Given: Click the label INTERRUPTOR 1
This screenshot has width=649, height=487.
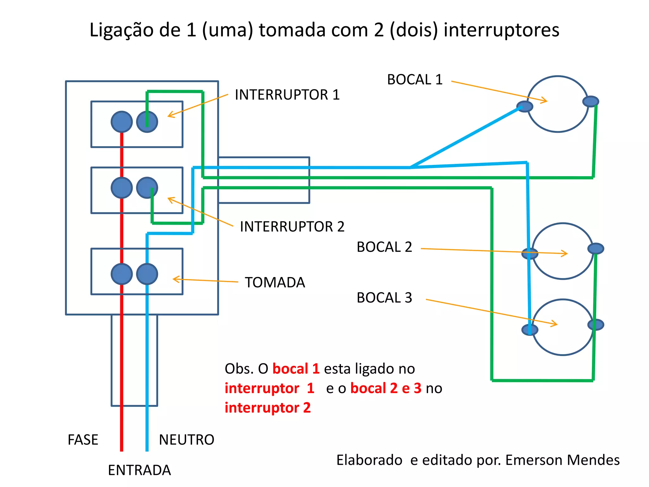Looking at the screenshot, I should pyautogui.click(x=287, y=95).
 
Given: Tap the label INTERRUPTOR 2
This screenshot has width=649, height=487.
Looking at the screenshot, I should pyautogui.click(x=292, y=227).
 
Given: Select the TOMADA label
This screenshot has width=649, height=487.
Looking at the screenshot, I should pyautogui.click(x=275, y=282).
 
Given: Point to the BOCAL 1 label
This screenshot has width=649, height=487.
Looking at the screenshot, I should pyautogui.click(x=414, y=80).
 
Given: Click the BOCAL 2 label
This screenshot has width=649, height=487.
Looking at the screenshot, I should pyautogui.click(x=384, y=247).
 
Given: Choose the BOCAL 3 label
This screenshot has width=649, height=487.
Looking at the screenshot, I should pyautogui.click(x=384, y=298).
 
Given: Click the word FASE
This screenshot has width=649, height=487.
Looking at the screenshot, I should pyautogui.click(x=83, y=440).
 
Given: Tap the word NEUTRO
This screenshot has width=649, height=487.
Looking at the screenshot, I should pyautogui.click(x=186, y=440).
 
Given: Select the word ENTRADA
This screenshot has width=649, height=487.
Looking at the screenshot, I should pyautogui.click(x=139, y=470).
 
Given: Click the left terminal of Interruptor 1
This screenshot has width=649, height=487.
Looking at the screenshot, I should pyautogui.click(x=122, y=122).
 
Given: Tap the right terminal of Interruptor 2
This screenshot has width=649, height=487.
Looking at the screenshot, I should pyautogui.click(x=147, y=188).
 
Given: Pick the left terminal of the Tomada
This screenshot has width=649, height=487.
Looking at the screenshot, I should pyautogui.click(x=122, y=274).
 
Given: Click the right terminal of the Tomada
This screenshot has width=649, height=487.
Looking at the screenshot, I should pyautogui.click(x=147, y=274).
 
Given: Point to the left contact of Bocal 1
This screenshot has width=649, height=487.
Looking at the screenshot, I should pyautogui.click(x=524, y=107).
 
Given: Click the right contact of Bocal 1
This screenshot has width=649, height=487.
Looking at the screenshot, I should pyautogui.click(x=591, y=101).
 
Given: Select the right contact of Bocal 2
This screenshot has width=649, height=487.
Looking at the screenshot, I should pyautogui.click(x=596, y=249).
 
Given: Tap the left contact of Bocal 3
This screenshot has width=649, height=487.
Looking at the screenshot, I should pyautogui.click(x=530, y=330).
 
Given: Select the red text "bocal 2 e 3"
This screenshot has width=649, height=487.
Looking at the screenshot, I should pyautogui.click(x=386, y=388).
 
